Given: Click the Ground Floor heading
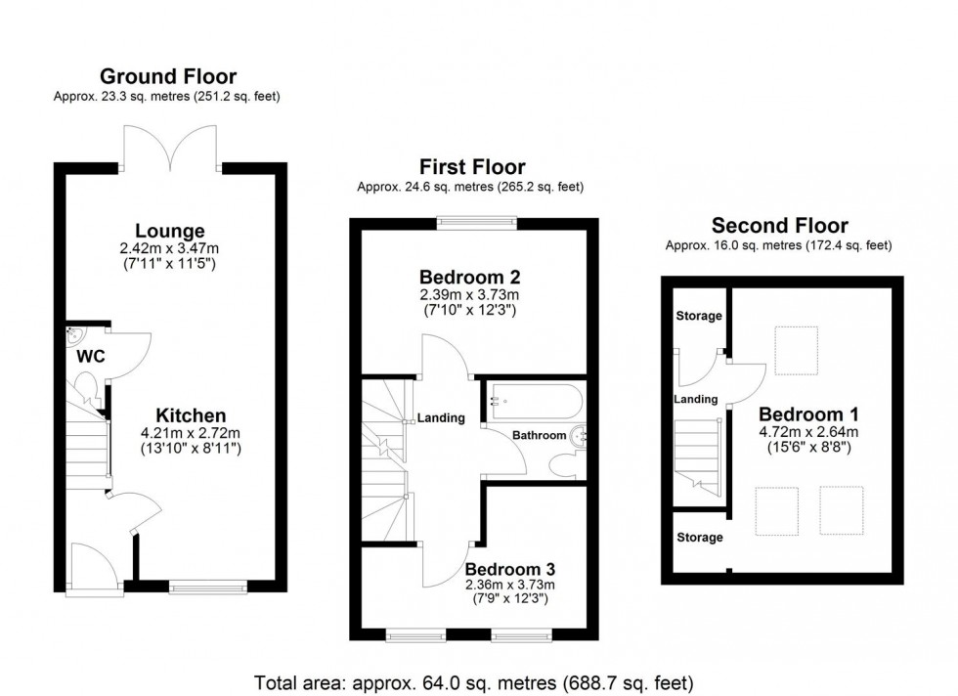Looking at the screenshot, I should tap(168, 76).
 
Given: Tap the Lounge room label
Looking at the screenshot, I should tap(169, 232).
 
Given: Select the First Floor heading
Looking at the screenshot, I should tap(472, 167).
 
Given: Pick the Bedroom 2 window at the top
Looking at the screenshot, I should tap(475, 222).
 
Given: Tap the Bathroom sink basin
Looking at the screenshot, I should tap(580, 433).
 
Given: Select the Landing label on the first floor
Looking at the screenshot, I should tap(441, 418).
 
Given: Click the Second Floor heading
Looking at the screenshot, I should tap(779, 226).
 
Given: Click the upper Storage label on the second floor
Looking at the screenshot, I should tap(699, 316).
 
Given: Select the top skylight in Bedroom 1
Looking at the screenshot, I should tap(796, 348).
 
